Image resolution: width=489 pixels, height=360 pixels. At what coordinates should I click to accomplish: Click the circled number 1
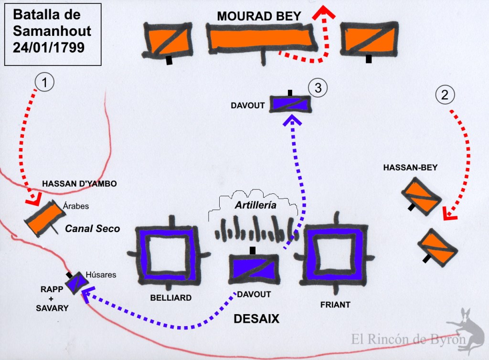click(x=44, y=83)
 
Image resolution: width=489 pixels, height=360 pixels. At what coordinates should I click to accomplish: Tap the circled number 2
click(x=445, y=95)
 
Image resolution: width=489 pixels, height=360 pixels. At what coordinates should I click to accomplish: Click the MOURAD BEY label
click(x=259, y=16)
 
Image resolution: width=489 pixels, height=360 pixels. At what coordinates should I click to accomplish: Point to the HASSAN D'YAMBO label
click(x=79, y=183)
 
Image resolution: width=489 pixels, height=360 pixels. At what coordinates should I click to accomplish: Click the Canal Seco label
click(x=93, y=229)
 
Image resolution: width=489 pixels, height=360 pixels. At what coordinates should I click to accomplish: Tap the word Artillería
click(x=256, y=205)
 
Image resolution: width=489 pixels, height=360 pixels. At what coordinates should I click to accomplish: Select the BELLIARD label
click(x=170, y=298)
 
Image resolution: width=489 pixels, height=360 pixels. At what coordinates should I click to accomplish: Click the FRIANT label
click(x=336, y=305)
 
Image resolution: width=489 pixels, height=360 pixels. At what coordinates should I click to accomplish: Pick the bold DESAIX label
click(x=256, y=319)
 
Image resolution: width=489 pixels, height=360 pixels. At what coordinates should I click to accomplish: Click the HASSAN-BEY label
click(x=410, y=168)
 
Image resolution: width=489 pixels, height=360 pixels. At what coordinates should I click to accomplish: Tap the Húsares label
click(x=101, y=275)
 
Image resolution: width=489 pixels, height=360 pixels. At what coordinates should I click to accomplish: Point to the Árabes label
click(x=76, y=206)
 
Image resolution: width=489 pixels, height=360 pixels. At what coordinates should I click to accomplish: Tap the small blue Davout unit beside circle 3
click(x=290, y=104)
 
